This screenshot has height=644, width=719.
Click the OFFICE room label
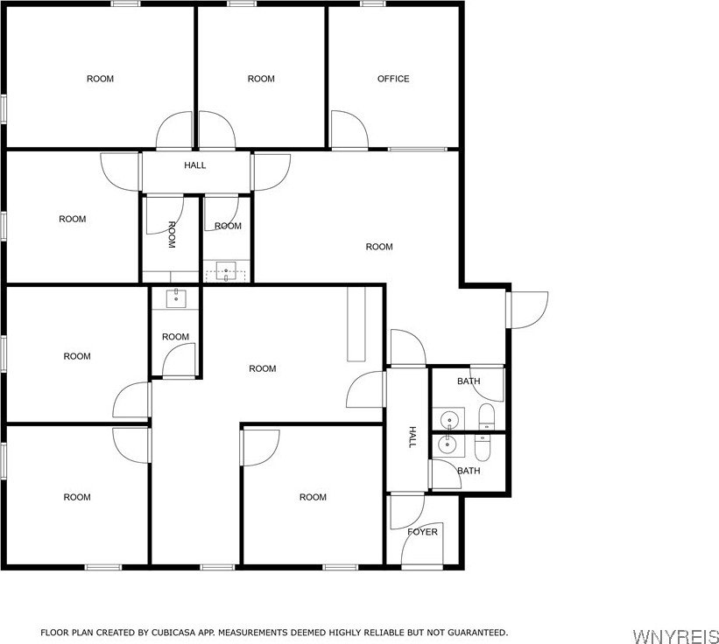[x=393, y=79]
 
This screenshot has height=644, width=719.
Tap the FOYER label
[x=422, y=532]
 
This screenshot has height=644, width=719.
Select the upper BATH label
[x=469, y=381]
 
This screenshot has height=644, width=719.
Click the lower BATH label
[x=469, y=471]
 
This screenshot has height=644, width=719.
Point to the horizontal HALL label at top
[x=195, y=165]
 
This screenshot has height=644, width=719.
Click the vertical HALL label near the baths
[x=412, y=437]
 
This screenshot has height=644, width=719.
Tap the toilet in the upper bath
[x=487, y=416]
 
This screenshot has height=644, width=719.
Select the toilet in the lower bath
[x=483, y=447]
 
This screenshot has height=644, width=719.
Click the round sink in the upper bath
[x=448, y=419]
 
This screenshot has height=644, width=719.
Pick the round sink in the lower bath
[x=445, y=443]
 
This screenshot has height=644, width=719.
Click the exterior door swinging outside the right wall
[x=527, y=310]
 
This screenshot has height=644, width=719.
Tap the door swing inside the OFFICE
[x=349, y=129]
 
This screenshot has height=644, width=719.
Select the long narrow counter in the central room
[x=356, y=325]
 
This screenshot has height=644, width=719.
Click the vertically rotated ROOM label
[x=172, y=234]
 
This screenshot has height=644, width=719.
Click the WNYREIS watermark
[x=675, y=636]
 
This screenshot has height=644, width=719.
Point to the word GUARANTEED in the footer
[x=477, y=633]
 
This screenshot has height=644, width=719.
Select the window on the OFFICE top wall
[x=372, y=3]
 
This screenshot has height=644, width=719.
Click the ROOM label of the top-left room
[x=100, y=79]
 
